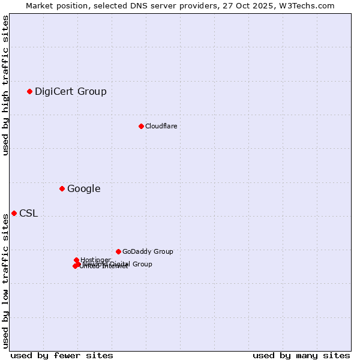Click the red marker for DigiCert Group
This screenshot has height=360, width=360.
(29, 91)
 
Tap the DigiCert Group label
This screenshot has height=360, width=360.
(70, 92)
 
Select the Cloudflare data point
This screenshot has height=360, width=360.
(141, 126)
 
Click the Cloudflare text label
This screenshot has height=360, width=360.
(161, 126)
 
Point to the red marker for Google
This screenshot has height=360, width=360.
(62, 188)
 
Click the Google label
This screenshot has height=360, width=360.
(83, 189)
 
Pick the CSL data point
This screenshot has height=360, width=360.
(14, 213)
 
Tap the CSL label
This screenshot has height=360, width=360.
(28, 214)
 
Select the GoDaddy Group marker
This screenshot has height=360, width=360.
(118, 251)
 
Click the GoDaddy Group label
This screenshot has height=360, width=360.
(148, 252)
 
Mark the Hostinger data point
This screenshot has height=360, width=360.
(77, 260)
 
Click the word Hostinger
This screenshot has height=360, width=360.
(96, 260)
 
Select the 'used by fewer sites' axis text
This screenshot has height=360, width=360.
(62, 355)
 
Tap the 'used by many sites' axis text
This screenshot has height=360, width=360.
(301, 355)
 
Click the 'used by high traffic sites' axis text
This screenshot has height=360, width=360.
(6, 85)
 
